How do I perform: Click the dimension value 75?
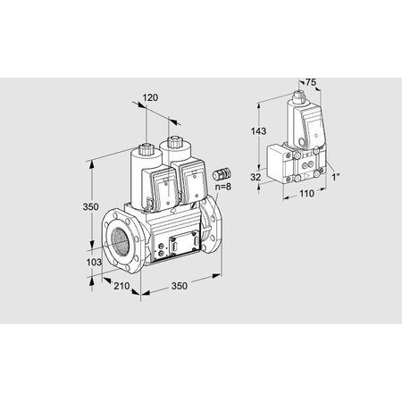point(311,82)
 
